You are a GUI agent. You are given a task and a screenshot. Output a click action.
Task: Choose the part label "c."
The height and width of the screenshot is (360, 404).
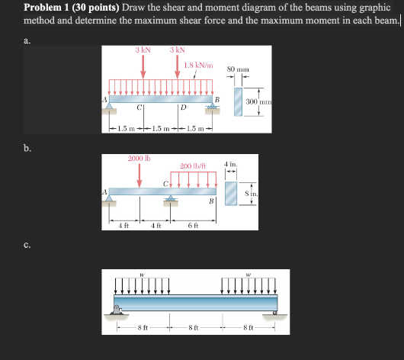pyautogui.click(x=27, y=245)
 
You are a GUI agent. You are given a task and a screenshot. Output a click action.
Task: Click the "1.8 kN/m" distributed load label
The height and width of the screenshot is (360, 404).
pyautogui.click(x=198, y=65)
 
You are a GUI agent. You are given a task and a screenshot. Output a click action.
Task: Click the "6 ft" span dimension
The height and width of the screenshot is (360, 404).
pyautogui.click(x=193, y=224)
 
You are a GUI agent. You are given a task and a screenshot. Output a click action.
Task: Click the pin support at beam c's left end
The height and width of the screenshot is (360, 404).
pyautogui.click(x=117, y=310)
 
